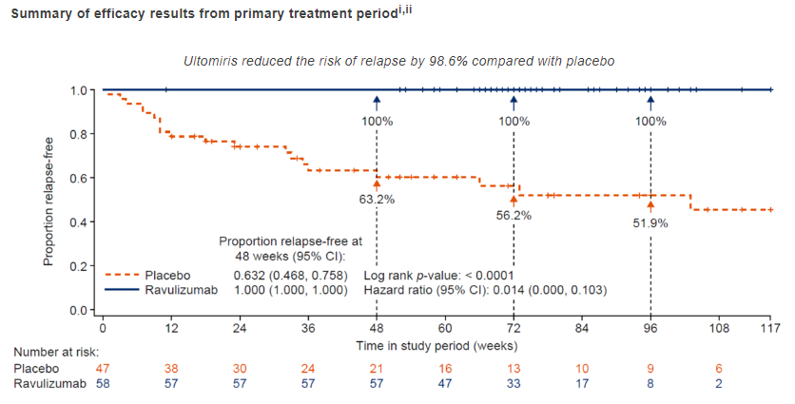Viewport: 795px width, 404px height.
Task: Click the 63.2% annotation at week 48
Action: point(377,200)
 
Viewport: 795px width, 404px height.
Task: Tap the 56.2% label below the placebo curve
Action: point(514,216)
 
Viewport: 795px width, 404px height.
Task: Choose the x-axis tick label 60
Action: point(445,328)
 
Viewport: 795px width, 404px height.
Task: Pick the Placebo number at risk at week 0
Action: point(102,368)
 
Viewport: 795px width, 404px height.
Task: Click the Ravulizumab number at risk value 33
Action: point(514,384)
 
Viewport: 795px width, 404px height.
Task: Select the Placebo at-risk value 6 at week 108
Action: point(719,368)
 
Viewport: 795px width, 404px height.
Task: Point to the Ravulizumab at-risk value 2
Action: point(719,384)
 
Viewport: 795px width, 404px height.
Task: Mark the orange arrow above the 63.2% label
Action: point(377,184)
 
